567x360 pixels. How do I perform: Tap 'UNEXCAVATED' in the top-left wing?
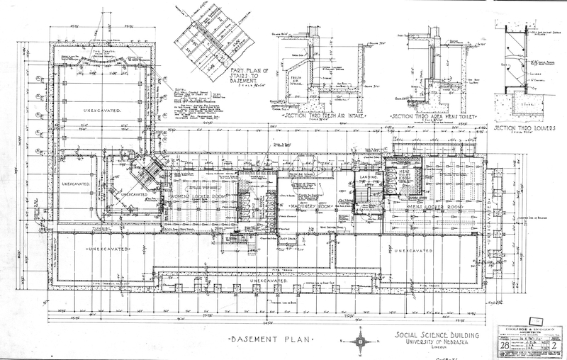[x=102, y=111]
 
